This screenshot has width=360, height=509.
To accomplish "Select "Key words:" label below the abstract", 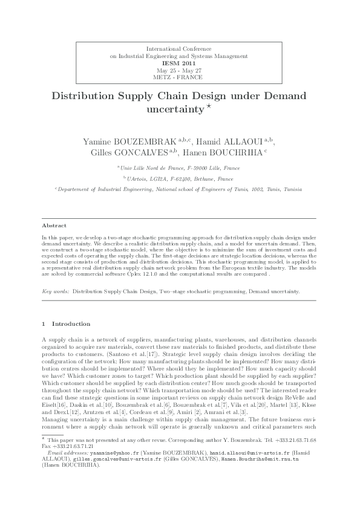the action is tap(55, 291).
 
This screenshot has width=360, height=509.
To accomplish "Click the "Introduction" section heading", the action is tap(71, 324).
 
